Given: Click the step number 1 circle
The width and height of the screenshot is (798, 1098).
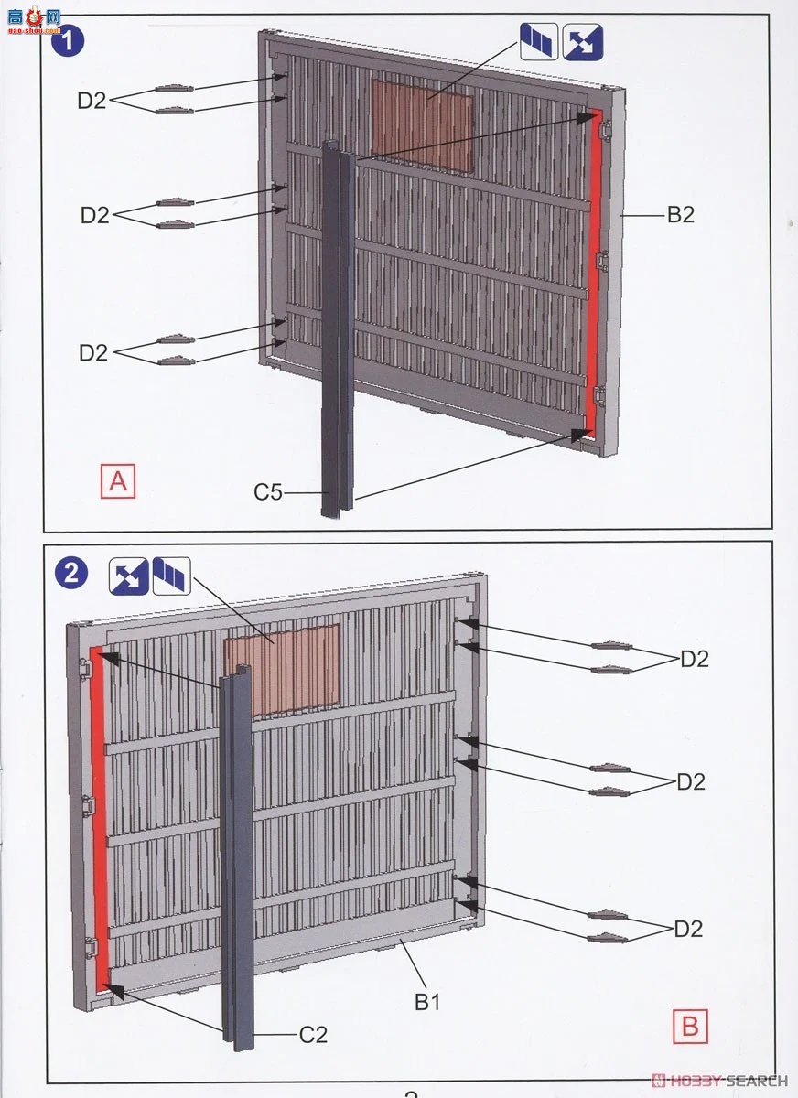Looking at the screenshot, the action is coord(68,40).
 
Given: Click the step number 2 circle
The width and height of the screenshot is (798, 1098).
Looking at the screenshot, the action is coord(71,573).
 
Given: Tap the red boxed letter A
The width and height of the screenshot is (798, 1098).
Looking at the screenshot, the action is coord(118,481).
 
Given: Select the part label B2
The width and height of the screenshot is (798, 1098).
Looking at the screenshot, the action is coord(681,215).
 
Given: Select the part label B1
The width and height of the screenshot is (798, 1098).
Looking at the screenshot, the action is coord(427,1003).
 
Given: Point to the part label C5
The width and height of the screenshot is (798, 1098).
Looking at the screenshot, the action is coord(268,492).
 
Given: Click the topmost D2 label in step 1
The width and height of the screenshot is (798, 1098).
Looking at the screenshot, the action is coord(92,101).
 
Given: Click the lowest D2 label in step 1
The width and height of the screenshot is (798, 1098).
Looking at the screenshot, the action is coord(93,352).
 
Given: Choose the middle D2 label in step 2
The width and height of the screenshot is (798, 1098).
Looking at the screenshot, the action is coord(691,781).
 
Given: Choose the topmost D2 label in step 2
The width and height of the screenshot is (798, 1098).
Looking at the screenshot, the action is coord(695,660).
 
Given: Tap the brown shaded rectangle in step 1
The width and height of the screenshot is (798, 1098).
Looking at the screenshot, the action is coord(423,126).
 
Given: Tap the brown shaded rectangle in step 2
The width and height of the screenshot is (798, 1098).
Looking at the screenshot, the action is coord(282,670).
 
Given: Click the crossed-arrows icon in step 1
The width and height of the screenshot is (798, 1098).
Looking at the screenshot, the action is coord(582,42).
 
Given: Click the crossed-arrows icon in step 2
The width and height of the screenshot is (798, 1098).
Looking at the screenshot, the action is coord(128,576).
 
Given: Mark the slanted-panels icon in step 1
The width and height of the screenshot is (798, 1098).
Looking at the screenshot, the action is coord(539,42).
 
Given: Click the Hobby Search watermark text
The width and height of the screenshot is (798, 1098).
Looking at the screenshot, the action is coord(719,1081).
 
